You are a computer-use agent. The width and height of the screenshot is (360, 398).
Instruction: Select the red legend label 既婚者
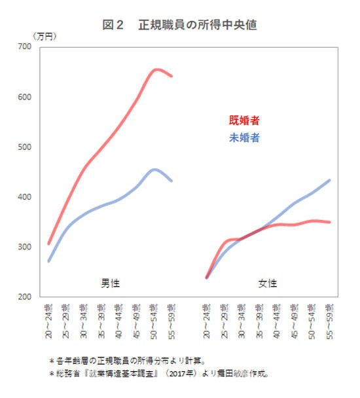click(x=244, y=120)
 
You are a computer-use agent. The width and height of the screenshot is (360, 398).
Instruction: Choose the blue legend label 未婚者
click(x=244, y=138)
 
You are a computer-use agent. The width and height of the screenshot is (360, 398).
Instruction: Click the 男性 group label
click(x=110, y=283)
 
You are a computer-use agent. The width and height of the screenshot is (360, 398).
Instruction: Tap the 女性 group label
click(x=268, y=283)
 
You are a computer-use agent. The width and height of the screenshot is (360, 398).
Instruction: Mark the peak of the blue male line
click(x=154, y=169)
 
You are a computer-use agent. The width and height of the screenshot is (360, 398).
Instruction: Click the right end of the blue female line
click(x=330, y=180)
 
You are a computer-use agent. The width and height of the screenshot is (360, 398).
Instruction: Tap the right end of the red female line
click(x=330, y=222)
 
